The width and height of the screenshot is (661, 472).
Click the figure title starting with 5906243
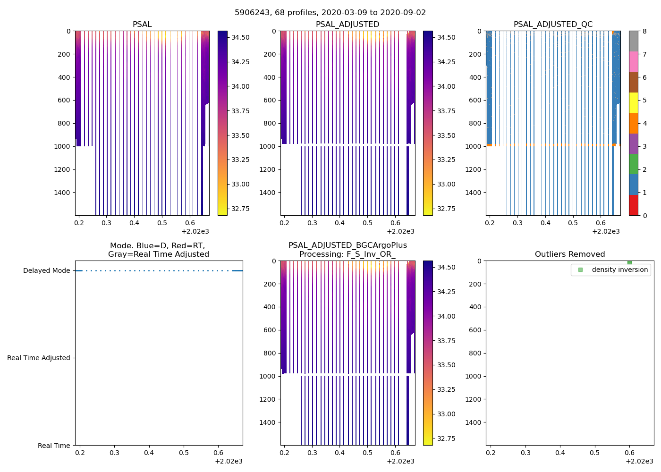[x=330, y=13]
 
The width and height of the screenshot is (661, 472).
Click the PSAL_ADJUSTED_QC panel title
[x=553, y=25]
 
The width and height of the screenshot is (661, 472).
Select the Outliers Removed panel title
[x=569, y=254]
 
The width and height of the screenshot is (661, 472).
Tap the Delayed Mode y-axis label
[x=46, y=270]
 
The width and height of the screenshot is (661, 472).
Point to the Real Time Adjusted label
[x=39, y=358]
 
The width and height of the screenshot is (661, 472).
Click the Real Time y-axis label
[x=54, y=446]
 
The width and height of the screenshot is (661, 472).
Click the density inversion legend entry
[x=619, y=270]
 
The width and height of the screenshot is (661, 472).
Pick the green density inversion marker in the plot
[x=629, y=262]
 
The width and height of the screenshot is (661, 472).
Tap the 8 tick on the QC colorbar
[x=644, y=31]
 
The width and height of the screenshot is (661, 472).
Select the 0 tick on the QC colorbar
[x=644, y=215]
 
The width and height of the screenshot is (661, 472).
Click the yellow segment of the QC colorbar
[x=633, y=102]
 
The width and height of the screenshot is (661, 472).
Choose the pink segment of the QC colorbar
[x=633, y=61]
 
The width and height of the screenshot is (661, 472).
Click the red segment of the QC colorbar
[x=633, y=205]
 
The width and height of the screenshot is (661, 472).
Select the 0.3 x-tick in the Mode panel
[x=115, y=453]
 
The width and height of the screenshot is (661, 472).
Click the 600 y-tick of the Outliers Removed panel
[x=475, y=330]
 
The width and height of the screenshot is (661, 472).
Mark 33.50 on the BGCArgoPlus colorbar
[x=446, y=365]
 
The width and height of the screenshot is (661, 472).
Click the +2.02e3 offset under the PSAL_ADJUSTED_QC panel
[x=606, y=231]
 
